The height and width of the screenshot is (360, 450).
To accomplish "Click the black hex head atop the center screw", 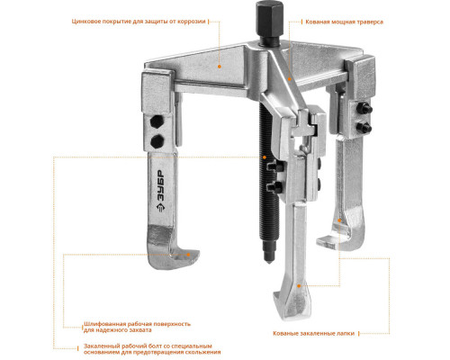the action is pyautogui.click(x=270, y=22).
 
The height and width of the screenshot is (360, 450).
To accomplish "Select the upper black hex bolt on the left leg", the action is pyautogui.click(x=157, y=121).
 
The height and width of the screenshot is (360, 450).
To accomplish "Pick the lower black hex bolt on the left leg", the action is pyautogui.click(x=157, y=141).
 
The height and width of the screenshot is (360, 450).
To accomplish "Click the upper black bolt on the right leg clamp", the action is pyautogui.click(x=364, y=108).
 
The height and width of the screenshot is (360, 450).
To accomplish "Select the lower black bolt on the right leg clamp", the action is pyautogui.click(x=364, y=128).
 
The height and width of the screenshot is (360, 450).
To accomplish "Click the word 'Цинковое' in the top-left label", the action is pyautogui.click(x=85, y=22).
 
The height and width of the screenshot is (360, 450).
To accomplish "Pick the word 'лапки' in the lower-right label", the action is pyautogui.click(x=346, y=333).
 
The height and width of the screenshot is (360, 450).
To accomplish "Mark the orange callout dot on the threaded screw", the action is pyautogui.click(x=265, y=157).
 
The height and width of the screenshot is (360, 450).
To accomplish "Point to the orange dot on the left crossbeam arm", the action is pyautogui.click(x=220, y=67).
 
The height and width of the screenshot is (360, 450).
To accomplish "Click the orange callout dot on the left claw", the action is pyautogui.click(x=188, y=255).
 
